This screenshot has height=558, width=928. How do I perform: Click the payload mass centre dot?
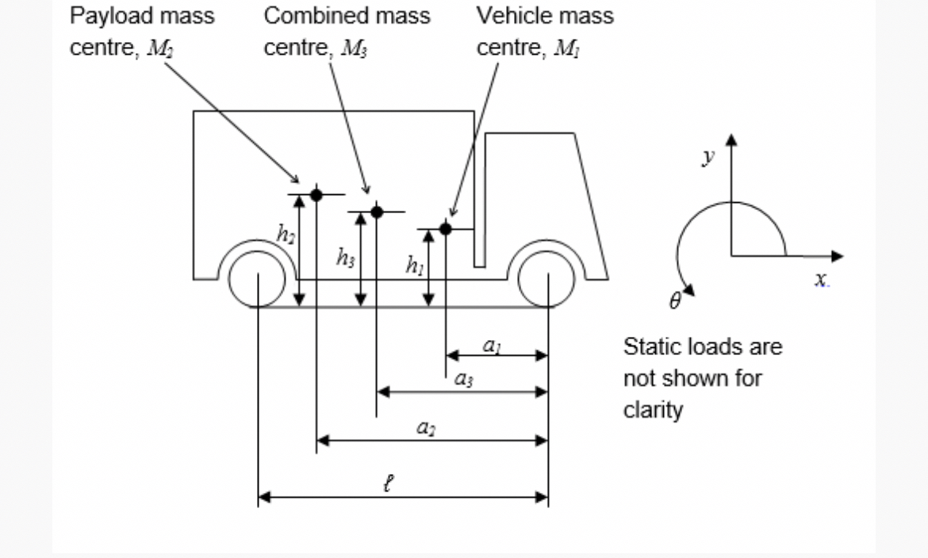click(316, 194)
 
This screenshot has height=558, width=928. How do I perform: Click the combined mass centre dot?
click(377, 212)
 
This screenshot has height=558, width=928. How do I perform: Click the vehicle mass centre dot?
click(446, 228)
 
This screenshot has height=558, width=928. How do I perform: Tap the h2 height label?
click(285, 233)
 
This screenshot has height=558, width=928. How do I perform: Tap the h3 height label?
click(345, 257)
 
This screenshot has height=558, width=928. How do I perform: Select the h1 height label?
click(414, 266)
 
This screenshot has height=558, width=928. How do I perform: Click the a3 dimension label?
click(465, 380)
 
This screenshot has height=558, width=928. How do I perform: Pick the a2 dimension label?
click(426, 428)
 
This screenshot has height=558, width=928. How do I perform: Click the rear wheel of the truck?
click(257, 277)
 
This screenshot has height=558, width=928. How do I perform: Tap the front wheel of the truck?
click(546, 277)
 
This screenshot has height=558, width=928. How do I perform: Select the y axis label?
click(708, 157)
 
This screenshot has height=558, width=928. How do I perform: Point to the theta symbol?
click(675, 301)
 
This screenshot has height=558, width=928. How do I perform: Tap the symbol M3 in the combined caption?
click(354, 48)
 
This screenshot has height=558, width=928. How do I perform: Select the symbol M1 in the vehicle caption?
click(566, 48)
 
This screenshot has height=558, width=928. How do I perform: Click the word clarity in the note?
click(653, 411)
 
